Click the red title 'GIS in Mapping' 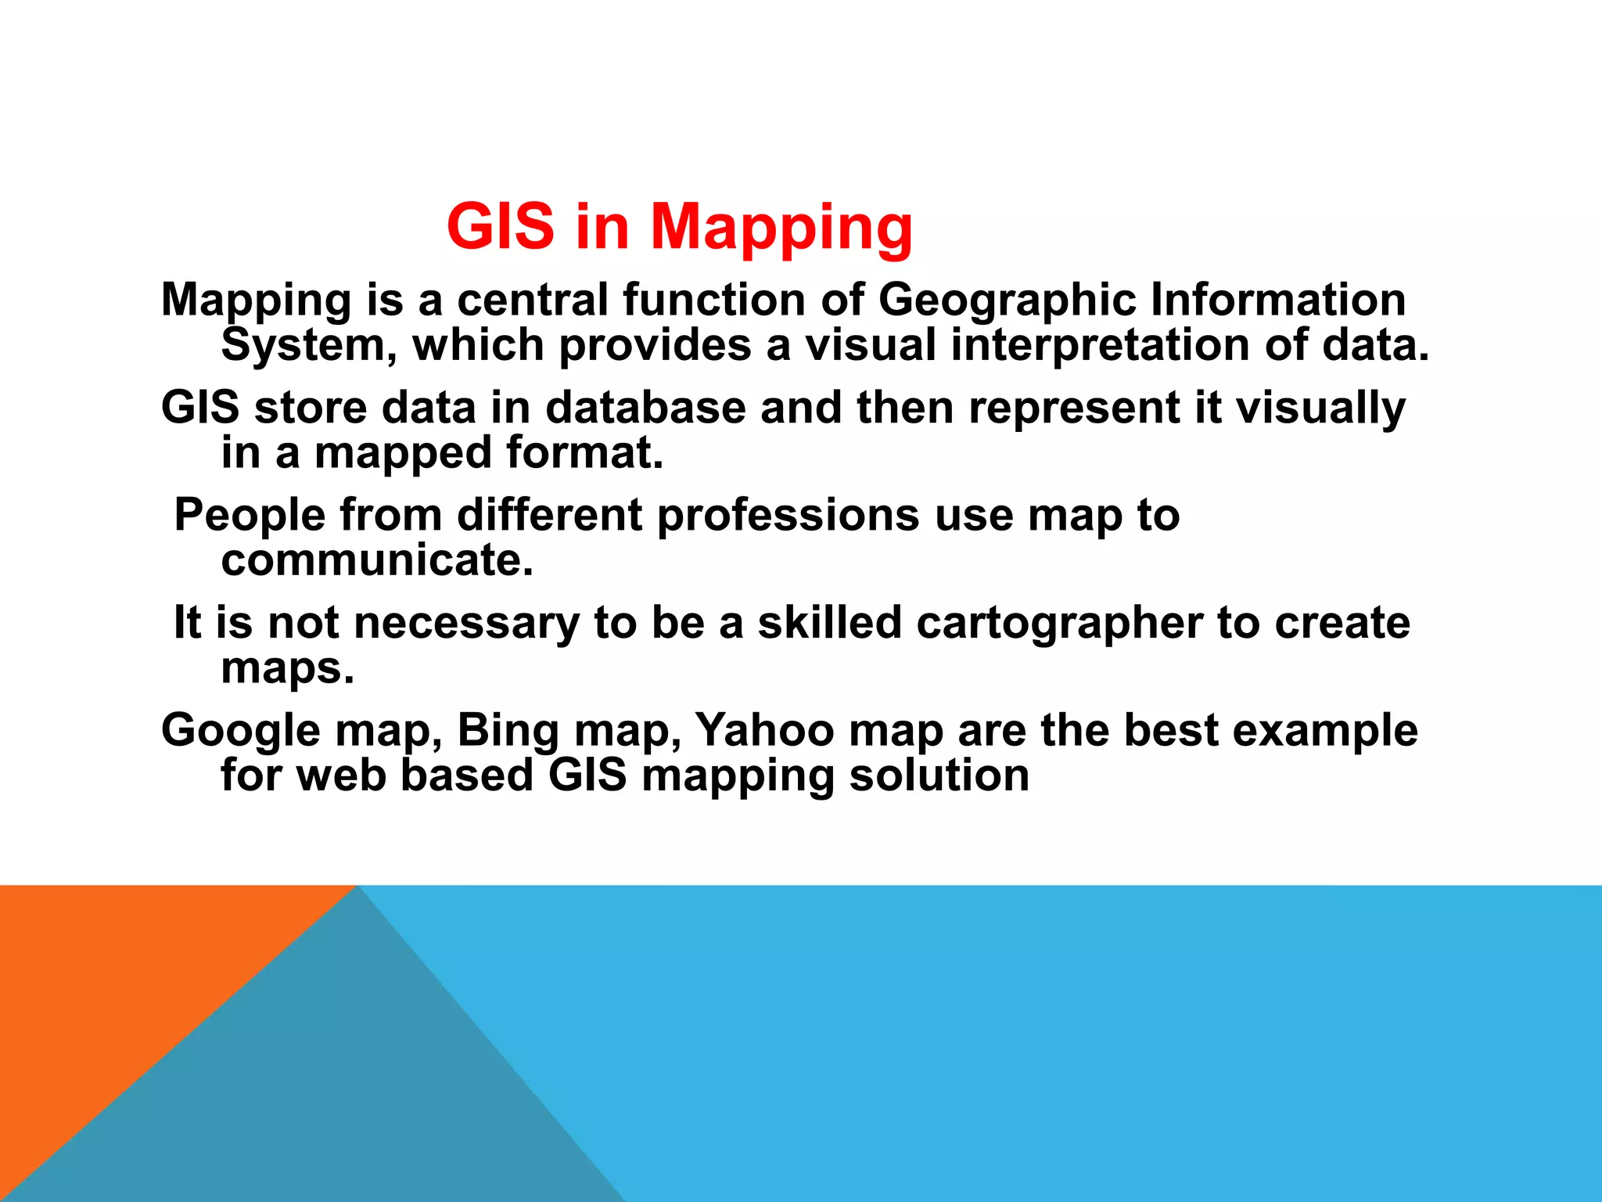[679, 227]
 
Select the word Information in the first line [1277, 299]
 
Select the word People [250, 516]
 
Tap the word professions [788, 516]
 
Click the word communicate [377, 560]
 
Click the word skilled [829, 623]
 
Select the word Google [241, 731]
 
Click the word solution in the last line [939, 776]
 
